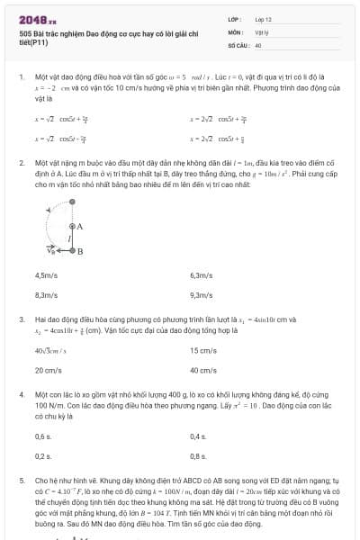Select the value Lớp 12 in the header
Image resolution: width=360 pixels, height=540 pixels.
coord(263,18)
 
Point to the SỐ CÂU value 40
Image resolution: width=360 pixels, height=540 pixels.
coord(258,44)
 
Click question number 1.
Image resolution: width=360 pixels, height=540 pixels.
coord(21,78)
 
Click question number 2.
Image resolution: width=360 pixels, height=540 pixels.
coord(21,164)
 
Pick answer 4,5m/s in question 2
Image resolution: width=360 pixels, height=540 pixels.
coord(46,275)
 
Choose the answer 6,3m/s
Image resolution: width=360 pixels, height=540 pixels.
coord(201,275)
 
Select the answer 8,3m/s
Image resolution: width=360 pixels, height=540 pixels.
coord(46,294)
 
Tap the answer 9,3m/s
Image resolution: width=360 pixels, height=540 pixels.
coord(201,294)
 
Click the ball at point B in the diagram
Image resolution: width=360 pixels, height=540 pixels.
coord(72,251)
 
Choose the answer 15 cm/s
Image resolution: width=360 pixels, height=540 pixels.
coord(202,350)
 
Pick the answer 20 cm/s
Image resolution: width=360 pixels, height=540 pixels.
coord(48,369)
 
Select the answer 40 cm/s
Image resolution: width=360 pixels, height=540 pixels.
coord(202,369)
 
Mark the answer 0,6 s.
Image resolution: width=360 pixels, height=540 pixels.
coord(43,436)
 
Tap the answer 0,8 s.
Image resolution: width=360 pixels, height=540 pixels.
coord(198,455)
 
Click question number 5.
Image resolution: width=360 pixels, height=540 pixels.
coord(21,481)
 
